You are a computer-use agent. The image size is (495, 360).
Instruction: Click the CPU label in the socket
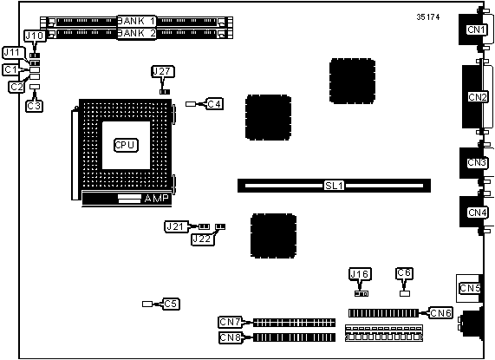pyautogui.click(x=126, y=145)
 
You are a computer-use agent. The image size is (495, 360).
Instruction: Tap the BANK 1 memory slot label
pyautogui.click(x=137, y=21)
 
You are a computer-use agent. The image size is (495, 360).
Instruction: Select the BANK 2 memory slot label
pyautogui.click(x=137, y=33)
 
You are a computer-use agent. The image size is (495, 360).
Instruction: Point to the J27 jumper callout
pyautogui.click(x=163, y=72)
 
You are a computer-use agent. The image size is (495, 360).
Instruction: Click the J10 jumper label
pyautogui.click(x=35, y=36)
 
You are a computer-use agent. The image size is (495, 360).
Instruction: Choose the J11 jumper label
pyautogui.click(x=12, y=52)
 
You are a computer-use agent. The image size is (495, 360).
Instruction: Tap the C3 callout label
pyautogui.click(x=34, y=106)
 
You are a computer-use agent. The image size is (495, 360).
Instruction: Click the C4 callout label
pyautogui.click(x=214, y=103)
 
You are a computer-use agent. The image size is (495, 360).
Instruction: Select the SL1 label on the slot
pyautogui.click(x=334, y=186)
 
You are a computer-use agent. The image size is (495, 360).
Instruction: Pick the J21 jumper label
pyautogui.click(x=176, y=226)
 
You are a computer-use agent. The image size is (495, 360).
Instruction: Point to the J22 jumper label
pyautogui.click(x=202, y=239)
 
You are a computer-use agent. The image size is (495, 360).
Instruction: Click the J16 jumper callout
pyautogui.click(x=360, y=274)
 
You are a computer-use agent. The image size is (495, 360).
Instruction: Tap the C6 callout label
pyautogui.click(x=404, y=273)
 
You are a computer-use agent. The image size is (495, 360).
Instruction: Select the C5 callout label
pyautogui.click(x=171, y=304)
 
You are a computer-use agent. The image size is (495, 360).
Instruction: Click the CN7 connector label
pyautogui.click(x=231, y=322)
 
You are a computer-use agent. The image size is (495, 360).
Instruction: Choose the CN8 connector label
pyautogui.click(x=231, y=337)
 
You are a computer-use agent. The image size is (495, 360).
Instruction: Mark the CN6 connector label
pyautogui.click(x=440, y=313)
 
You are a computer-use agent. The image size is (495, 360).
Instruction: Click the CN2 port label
pyautogui.click(x=477, y=97)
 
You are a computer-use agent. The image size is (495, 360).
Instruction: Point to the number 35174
pyautogui.click(x=427, y=17)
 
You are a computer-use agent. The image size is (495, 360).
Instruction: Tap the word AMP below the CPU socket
pyautogui.click(x=157, y=199)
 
